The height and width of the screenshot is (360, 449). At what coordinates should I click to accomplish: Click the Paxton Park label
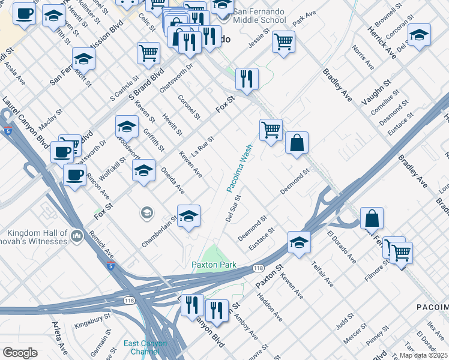[214, 265]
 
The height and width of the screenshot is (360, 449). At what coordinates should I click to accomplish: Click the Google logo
[20, 353]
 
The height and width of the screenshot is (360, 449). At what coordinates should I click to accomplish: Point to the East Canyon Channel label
[145, 347]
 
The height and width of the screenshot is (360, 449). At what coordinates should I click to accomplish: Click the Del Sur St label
[233, 208]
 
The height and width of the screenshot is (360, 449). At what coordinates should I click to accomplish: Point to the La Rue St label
[203, 145]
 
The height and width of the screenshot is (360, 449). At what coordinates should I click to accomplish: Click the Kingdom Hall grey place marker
[76, 236]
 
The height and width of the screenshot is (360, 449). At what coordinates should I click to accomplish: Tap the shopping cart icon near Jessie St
[283, 41]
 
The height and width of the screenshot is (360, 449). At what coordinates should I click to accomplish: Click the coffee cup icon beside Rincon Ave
[74, 175]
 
